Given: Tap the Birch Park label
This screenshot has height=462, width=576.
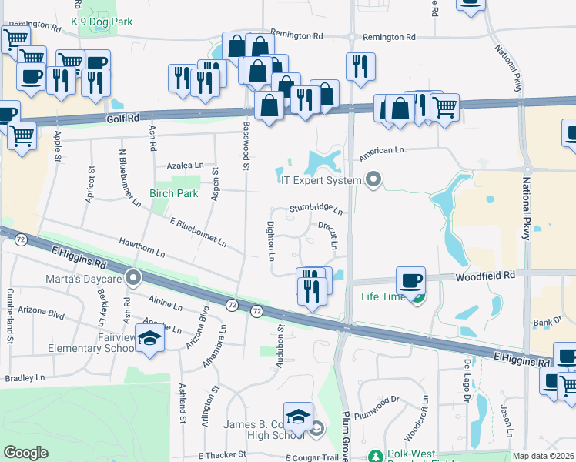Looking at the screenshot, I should [x=173, y=193].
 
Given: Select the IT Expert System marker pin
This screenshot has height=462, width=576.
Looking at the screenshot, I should [x=374, y=180].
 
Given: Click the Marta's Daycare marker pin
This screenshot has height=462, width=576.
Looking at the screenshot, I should [x=134, y=277].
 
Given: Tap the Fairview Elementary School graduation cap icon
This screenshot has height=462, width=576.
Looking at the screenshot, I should [x=149, y=338].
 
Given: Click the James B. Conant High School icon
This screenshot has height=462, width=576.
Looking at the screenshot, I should [x=298, y=417].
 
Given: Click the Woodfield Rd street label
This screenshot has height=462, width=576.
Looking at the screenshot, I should [x=484, y=275].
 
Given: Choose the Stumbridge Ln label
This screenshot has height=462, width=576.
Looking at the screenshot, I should [x=315, y=209].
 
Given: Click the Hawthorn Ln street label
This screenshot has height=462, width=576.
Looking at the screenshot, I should [x=142, y=247].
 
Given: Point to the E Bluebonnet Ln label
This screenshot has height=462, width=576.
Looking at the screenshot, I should [x=198, y=232].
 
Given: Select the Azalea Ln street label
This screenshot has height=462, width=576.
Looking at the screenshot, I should [x=186, y=165].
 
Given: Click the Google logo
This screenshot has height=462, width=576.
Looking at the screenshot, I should [x=25, y=452].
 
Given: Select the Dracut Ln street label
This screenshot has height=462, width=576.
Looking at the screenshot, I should [x=330, y=235].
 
